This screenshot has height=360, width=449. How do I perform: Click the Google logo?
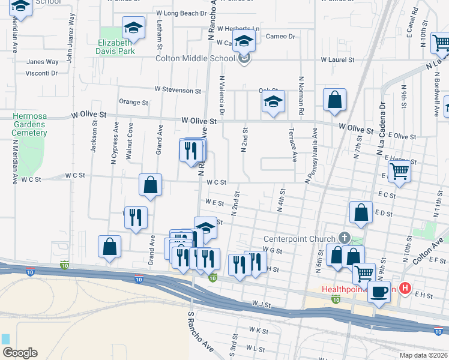[x=19, y=353]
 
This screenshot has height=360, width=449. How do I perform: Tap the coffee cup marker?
[x=379, y=292]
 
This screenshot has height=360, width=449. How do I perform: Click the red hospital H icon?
[x=405, y=289]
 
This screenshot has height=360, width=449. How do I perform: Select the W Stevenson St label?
[x=178, y=90]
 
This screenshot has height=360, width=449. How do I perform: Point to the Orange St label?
[x=133, y=103]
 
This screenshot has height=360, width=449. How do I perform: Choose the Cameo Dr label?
[x=281, y=37]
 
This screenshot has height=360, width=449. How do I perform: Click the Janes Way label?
[x=43, y=62]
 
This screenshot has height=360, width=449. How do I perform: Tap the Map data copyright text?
[x=423, y=355]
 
